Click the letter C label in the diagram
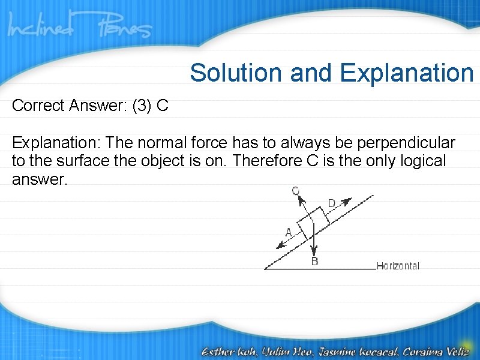click(x=296, y=191)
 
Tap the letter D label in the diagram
click(x=332, y=204)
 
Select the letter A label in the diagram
click(x=289, y=232)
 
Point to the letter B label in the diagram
click(x=314, y=262)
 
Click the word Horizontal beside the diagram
click(x=398, y=266)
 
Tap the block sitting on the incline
click(x=312, y=223)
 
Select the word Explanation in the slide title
click(x=407, y=73)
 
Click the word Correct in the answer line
click(x=38, y=106)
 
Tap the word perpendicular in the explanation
click(x=406, y=144)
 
